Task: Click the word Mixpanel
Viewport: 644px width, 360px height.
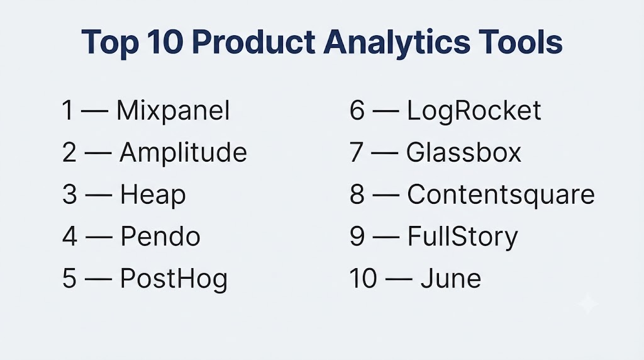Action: tap(173, 111)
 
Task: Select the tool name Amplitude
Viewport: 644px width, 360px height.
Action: tap(183, 152)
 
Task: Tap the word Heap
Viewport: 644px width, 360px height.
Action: tap(153, 194)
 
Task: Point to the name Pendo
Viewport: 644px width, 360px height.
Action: tap(160, 236)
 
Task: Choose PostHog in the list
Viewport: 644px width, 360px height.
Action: tap(174, 279)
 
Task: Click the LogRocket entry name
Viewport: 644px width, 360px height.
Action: tap(474, 111)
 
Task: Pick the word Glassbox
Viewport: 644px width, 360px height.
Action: tap(464, 152)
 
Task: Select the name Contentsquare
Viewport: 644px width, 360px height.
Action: tap(501, 194)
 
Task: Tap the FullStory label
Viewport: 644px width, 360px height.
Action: tap(462, 237)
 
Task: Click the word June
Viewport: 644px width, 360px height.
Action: tap(450, 279)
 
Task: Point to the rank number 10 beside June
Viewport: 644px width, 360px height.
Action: tap(363, 279)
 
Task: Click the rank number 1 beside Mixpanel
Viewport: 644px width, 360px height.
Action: tap(68, 111)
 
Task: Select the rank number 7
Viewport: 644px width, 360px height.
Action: tap(357, 152)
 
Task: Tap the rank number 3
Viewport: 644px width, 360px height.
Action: tap(69, 194)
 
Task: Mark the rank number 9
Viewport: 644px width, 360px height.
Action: tap(357, 236)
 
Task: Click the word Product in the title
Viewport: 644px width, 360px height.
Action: tap(253, 42)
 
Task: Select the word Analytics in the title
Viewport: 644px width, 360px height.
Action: tap(397, 42)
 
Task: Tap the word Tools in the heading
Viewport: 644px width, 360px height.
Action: tap(520, 42)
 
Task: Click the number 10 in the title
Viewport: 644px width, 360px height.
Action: tap(165, 42)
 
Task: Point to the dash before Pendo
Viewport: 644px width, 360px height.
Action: tap(99, 237)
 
